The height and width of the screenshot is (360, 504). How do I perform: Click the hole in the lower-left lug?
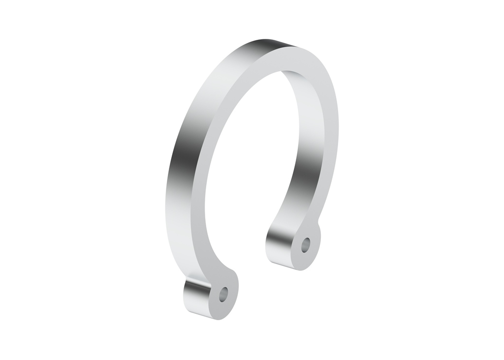click(x=224, y=294)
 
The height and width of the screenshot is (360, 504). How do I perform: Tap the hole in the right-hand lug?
click(x=306, y=243)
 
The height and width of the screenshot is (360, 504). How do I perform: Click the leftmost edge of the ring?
click(x=166, y=207)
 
